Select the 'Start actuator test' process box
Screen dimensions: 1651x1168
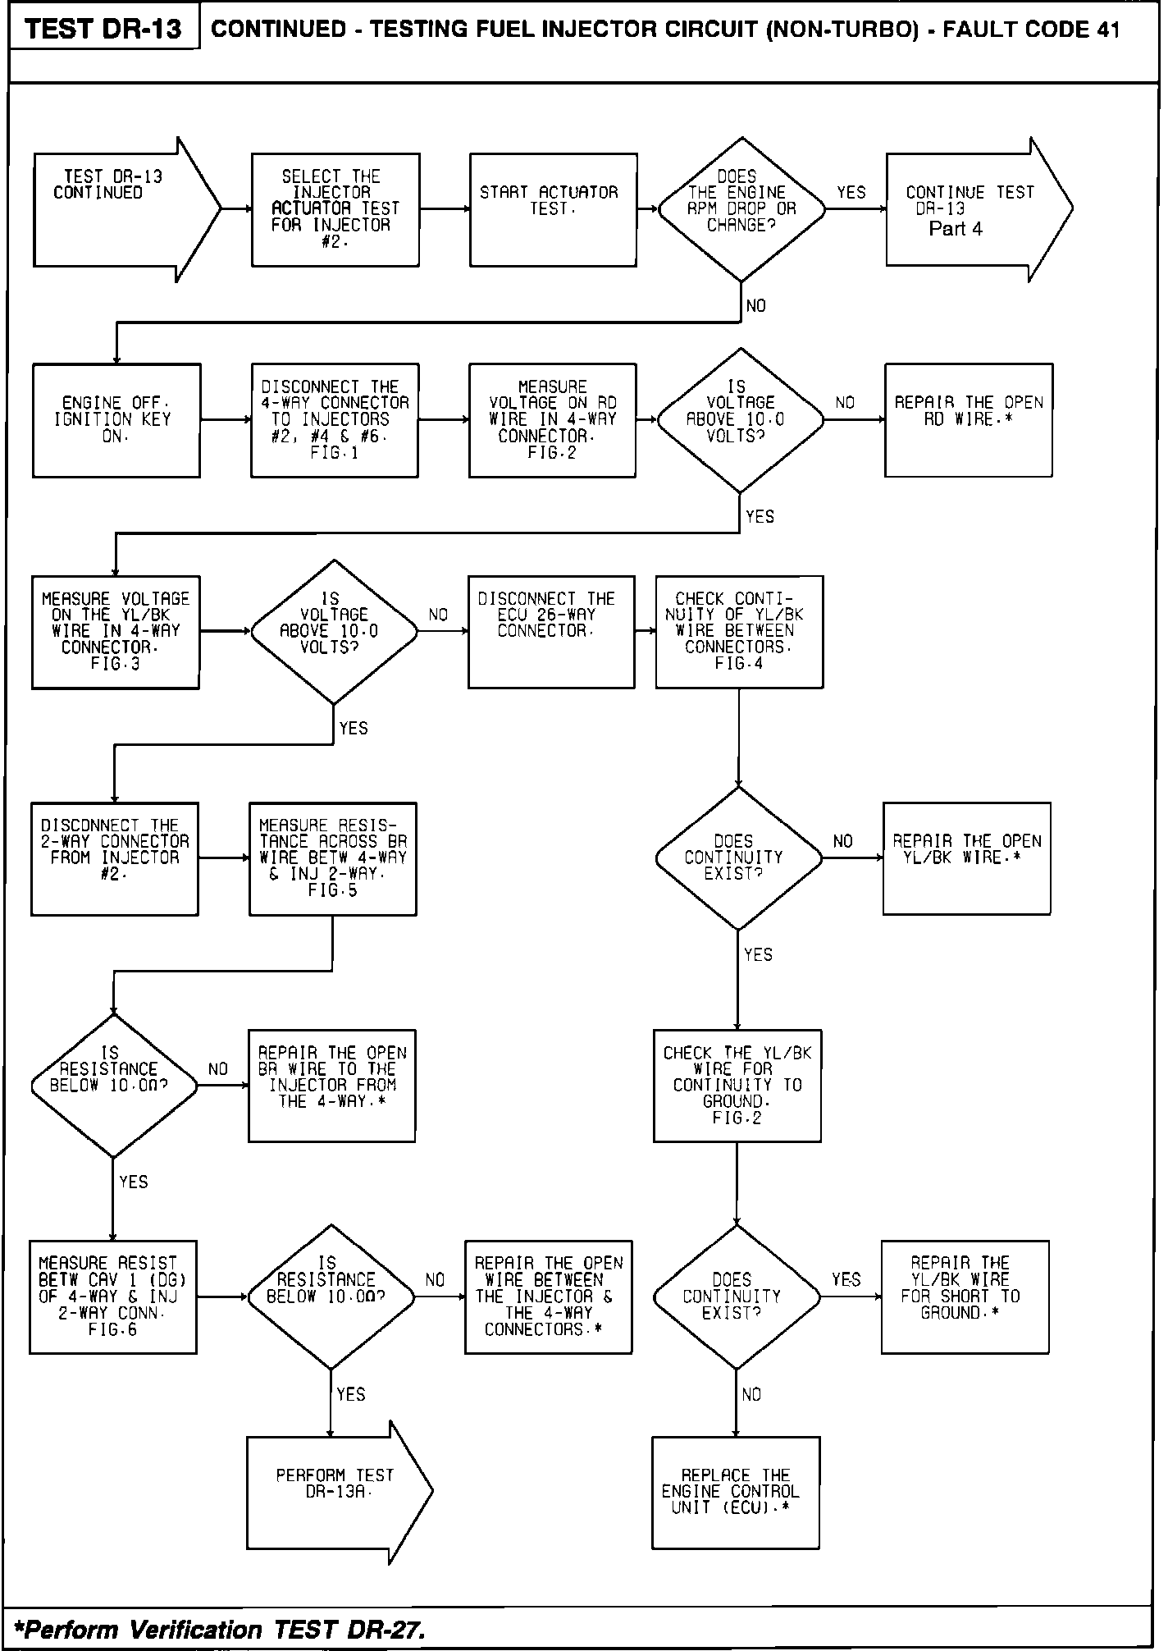click(x=553, y=209)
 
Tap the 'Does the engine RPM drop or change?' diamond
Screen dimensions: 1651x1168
click(x=741, y=209)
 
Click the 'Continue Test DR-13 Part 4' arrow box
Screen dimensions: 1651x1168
click(x=968, y=210)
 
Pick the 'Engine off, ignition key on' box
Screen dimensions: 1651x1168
click(x=116, y=420)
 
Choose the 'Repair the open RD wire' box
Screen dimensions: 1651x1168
click(x=968, y=420)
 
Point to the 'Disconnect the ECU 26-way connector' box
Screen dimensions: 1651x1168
click(x=551, y=631)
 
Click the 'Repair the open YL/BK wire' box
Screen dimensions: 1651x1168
click(x=966, y=858)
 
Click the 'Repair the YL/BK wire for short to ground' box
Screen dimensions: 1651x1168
click(x=965, y=1297)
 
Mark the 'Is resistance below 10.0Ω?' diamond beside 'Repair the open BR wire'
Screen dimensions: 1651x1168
click(x=113, y=1086)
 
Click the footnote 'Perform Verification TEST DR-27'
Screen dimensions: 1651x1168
click(x=220, y=1628)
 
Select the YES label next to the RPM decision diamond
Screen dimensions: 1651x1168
click(x=851, y=193)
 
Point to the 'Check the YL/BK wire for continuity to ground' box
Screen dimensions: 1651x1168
click(x=737, y=1086)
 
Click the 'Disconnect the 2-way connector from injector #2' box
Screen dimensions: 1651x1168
click(x=115, y=858)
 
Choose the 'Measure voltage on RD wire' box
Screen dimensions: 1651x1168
click(x=552, y=420)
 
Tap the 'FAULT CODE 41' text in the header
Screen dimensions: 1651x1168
click(x=1031, y=30)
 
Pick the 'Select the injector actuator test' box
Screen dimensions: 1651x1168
click(x=335, y=209)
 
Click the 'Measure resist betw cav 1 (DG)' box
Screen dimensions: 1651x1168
click(x=113, y=1297)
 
